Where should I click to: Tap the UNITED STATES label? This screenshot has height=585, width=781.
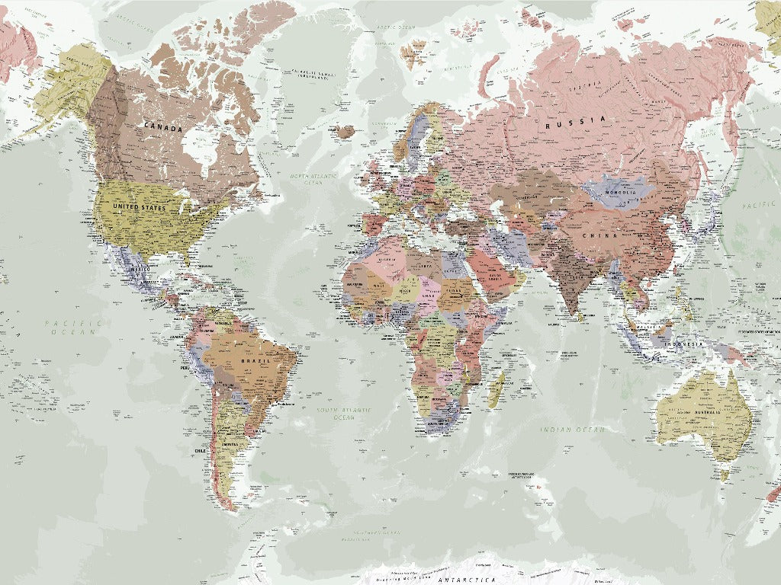click(x=139, y=207)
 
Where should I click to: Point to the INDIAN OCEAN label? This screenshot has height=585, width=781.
click(x=573, y=430)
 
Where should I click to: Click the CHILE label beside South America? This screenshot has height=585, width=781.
click(x=201, y=451)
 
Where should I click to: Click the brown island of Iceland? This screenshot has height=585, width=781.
click(x=345, y=131)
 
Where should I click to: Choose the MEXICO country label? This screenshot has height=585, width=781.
click(x=140, y=270)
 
